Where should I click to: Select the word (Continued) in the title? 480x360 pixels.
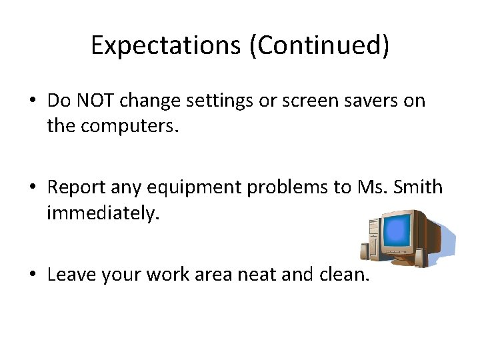pyautogui.click(x=320, y=45)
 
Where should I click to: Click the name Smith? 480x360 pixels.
pyautogui.click(x=419, y=187)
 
